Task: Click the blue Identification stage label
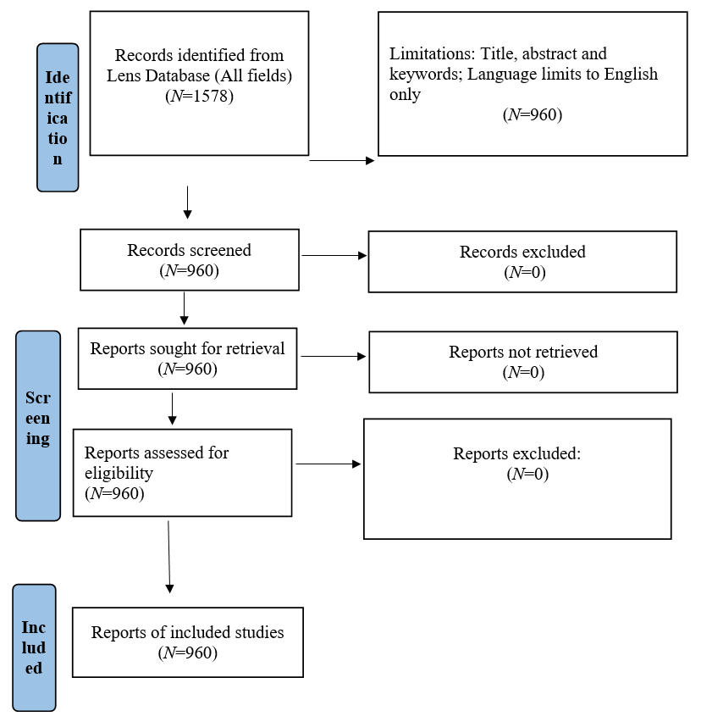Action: pyautogui.click(x=58, y=117)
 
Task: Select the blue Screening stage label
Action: pyautogui.click(x=38, y=425)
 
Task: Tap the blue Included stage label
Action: pyautogui.click(x=34, y=647)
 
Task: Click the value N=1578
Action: pyautogui.click(x=199, y=96)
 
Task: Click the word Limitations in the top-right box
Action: pyautogui.click(x=427, y=54)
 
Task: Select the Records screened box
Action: pyautogui.click(x=189, y=259)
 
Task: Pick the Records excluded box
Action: pyautogui.click(x=522, y=261)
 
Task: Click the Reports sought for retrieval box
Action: pyautogui.click(x=187, y=358)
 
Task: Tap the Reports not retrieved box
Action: pyautogui.click(x=522, y=361)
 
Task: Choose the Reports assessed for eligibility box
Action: pyautogui.click(x=182, y=472)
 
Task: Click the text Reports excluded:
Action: pyautogui.click(x=516, y=454)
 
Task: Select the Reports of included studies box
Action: pyautogui.click(x=187, y=641)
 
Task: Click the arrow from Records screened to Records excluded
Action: pyautogui.click(x=334, y=255)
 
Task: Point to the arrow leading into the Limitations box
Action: pyautogui.click(x=341, y=160)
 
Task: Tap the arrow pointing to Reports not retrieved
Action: pyautogui.click(x=334, y=356)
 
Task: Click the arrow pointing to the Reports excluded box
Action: pyautogui.click(x=328, y=464)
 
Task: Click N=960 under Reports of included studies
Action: pyautogui.click(x=187, y=653)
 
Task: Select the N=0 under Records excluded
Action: pyautogui.click(x=522, y=272)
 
